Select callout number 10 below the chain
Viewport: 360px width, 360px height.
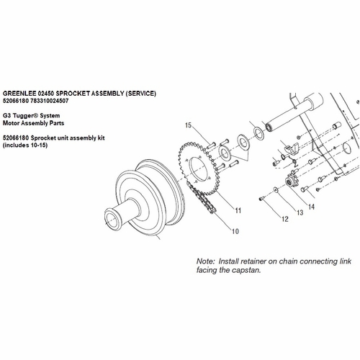[235, 232]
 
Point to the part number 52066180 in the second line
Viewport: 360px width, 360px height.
[19, 102]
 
